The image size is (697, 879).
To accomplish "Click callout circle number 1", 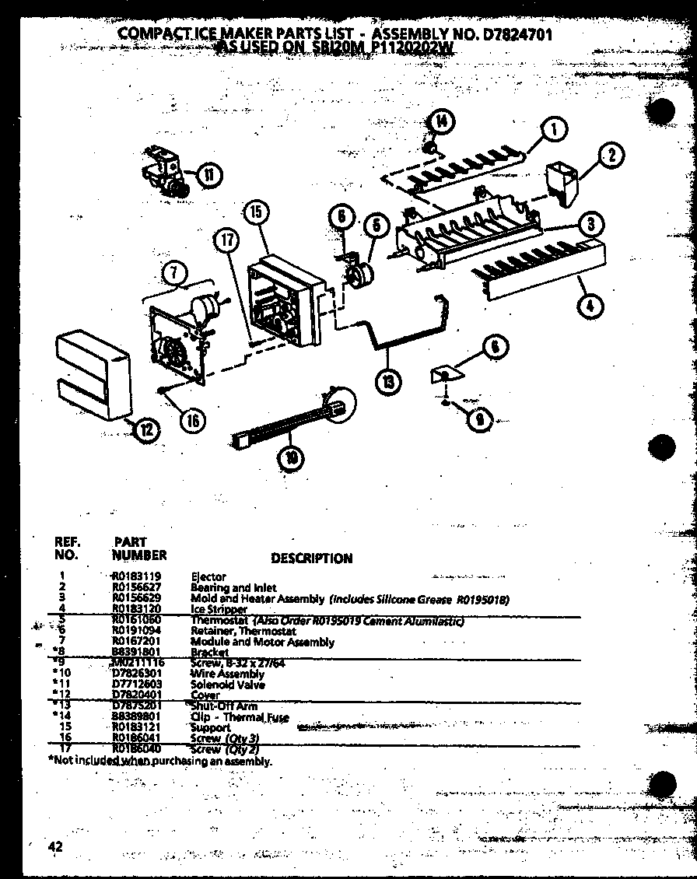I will (552, 130).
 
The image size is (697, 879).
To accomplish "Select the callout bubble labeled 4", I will (590, 306).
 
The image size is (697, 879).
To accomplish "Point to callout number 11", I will (208, 175).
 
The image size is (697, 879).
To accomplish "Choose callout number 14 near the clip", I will (440, 121).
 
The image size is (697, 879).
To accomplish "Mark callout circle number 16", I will (191, 419).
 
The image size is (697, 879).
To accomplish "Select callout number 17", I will (226, 241).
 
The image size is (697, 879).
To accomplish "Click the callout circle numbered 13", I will (388, 380).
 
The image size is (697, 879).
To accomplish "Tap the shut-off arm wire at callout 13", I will (405, 327).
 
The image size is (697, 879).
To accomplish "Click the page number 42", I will (55, 847).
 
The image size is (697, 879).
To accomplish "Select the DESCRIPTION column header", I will (311, 558).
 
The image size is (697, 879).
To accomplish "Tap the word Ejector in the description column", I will (208, 576).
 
